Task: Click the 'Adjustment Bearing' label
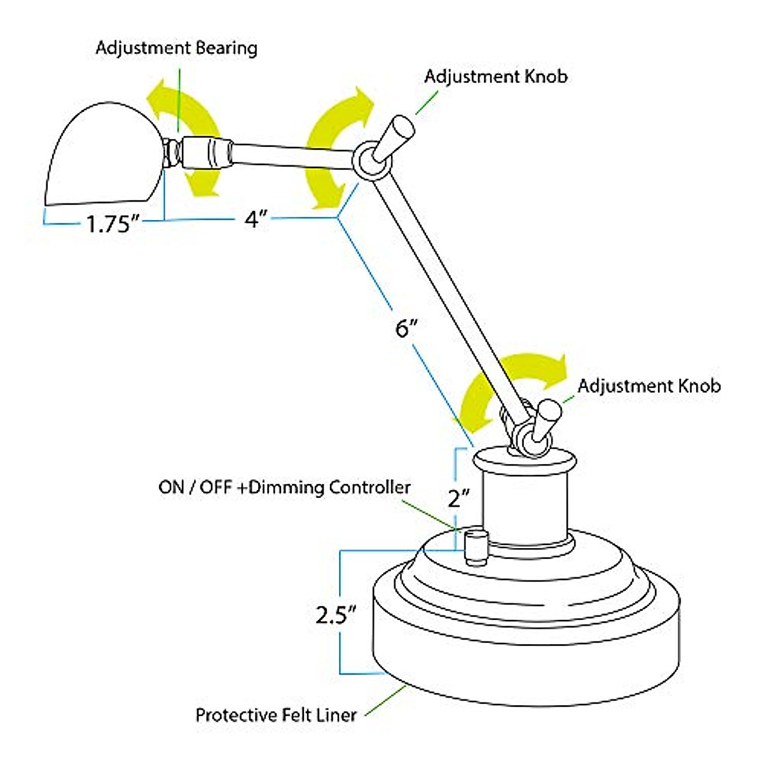pyautogui.click(x=176, y=48)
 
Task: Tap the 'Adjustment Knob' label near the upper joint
pyautogui.click(x=495, y=77)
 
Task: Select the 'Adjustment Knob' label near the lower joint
pyautogui.click(x=649, y=386)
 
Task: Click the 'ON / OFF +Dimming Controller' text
pyautogui.click(x=284, y=488)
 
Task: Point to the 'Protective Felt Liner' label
pyautogui.click(x=276, y=715)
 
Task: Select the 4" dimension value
pyautogui.click(x=254, y=220)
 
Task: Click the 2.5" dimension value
pyautogui.click(x=336, y=615)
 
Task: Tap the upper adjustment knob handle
pyautogui.click(x=395, y=137)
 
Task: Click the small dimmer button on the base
pyautogui.click(x=475, y=547)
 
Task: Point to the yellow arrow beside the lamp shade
pyautogui.click(x=184, y=137)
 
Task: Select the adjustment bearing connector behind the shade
pyautogui.click(x=197, y=153)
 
